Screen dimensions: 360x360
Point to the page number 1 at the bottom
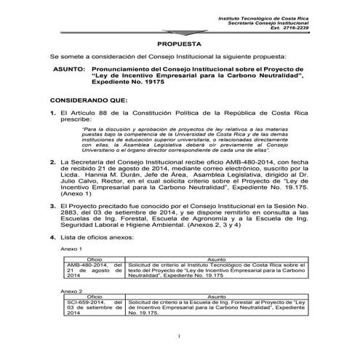pyautogui.click(x=179, y=336)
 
